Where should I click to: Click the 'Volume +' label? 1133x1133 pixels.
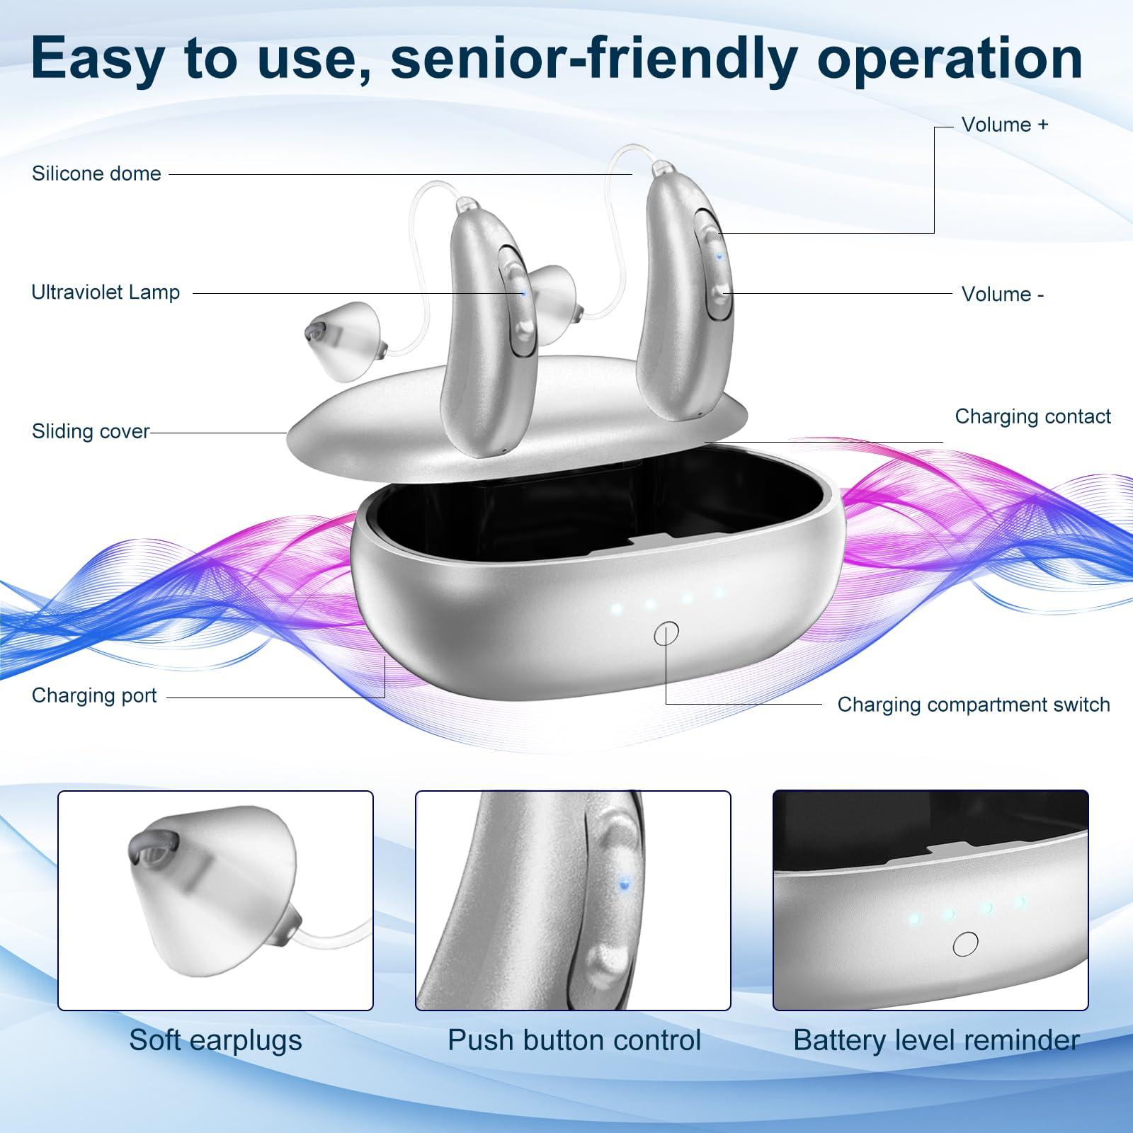(x=1004, y=125)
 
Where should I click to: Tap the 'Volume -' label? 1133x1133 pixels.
(x=1002, y=294)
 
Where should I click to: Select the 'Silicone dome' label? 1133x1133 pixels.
(x=96, y=173)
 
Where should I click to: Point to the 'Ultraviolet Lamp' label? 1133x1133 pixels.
(x=106, y=292)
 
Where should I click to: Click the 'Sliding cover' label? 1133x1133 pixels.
(x=91, y=431)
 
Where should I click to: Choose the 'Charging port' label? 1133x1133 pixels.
(x=94, y=695)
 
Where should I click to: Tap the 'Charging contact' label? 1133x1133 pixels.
(x=1032, y=416)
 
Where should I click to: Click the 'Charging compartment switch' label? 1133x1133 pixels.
(x=974, y=705)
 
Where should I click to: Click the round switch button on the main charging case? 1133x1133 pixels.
(x=666, y=633)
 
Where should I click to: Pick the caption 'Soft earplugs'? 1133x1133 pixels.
(x=215, y=1040)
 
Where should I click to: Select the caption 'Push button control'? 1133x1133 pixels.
(x=574, y=1040)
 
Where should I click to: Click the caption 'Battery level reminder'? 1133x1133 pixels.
(x=936, y=1040)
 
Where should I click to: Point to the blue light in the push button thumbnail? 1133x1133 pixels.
(x=624, y=882)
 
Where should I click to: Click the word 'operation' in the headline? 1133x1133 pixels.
(x=950, y=59)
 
